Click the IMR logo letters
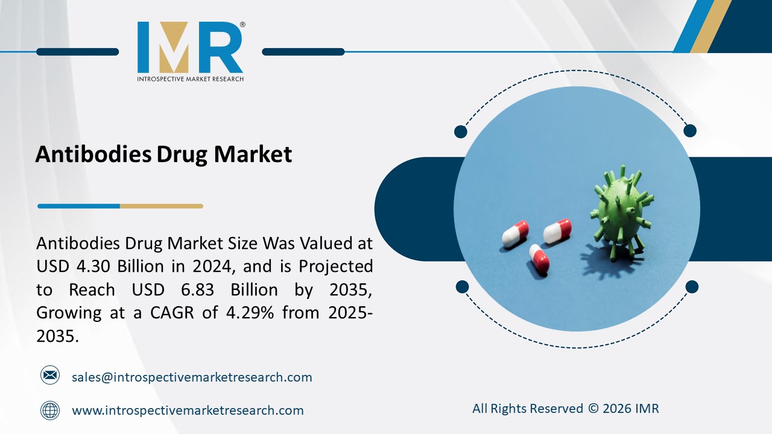190,48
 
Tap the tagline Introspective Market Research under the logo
190,79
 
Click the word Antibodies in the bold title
93,154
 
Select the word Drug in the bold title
182,154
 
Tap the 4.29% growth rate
240,313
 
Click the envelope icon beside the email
50,376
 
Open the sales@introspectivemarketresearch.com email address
192,377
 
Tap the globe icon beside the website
50,410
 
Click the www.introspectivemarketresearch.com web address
188,410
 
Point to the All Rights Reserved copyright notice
565,409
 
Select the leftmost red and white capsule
515,233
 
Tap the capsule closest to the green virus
557,231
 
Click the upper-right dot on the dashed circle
690,131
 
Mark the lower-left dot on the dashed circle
462,286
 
